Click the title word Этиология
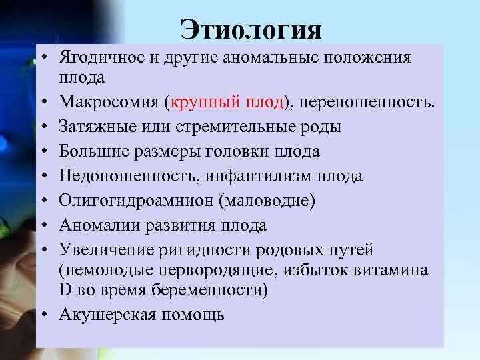pyautogui.click(x=251, y=30)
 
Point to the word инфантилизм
pyautogui.click(x=253, y=176)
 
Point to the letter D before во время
pyautogui.click(x=65, y=291)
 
